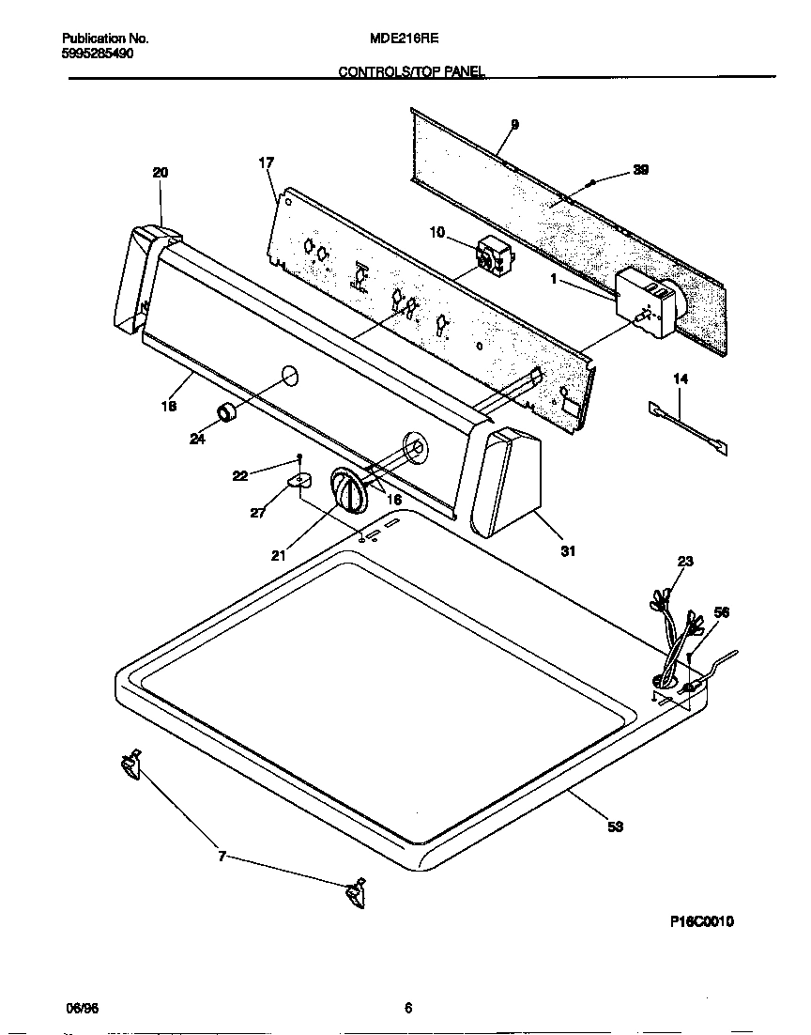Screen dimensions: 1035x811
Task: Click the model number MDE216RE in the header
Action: pos(405,39)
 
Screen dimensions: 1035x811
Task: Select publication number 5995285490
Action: pos(97,54)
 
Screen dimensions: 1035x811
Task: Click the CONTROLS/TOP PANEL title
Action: pos(411,72)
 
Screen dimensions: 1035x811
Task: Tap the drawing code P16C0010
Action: pos(701,921)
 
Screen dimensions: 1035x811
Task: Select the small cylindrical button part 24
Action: pos(227,411)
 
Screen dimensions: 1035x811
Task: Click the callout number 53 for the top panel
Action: pos(616,827)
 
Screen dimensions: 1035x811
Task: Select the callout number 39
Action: pos(640,170)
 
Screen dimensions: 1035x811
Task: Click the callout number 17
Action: pos(266,163)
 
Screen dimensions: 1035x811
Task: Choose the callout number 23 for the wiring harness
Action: pos(684,562)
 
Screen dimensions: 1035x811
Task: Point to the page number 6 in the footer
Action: pos(407,1009)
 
